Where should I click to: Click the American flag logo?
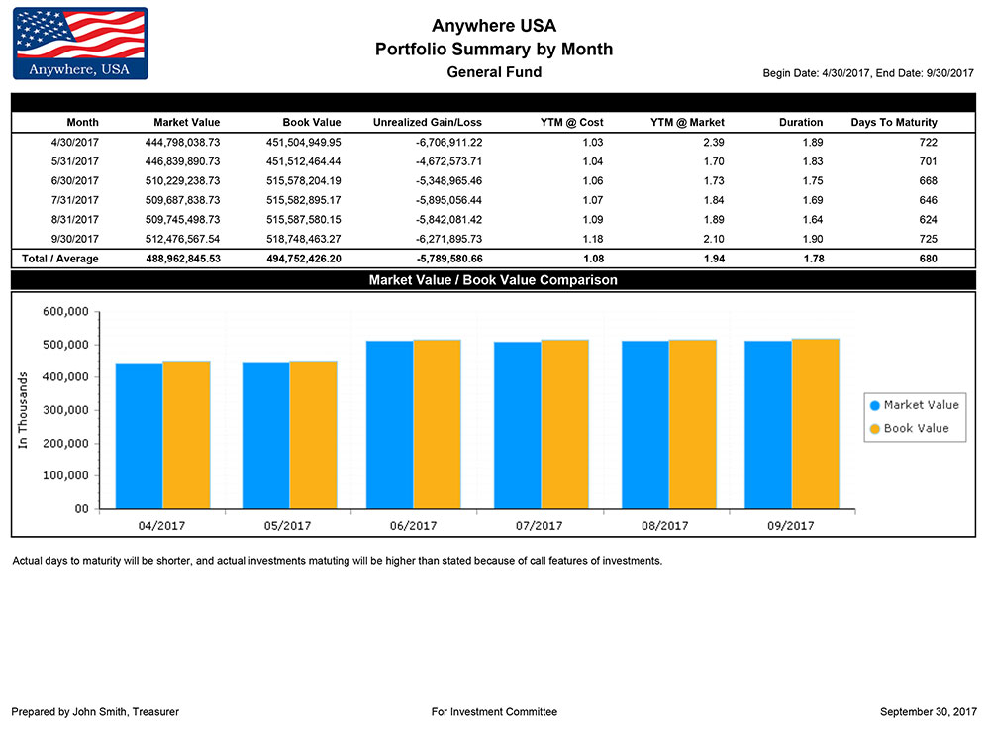80,44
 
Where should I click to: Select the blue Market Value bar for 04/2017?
139,435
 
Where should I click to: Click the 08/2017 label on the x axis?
665,526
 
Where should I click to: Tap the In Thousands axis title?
23,410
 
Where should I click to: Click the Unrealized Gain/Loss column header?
427,123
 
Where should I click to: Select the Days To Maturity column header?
893,123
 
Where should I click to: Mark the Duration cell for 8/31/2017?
811,219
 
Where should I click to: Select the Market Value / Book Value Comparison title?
493,280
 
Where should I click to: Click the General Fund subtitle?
494,72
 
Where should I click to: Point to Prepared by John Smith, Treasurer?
95,712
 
